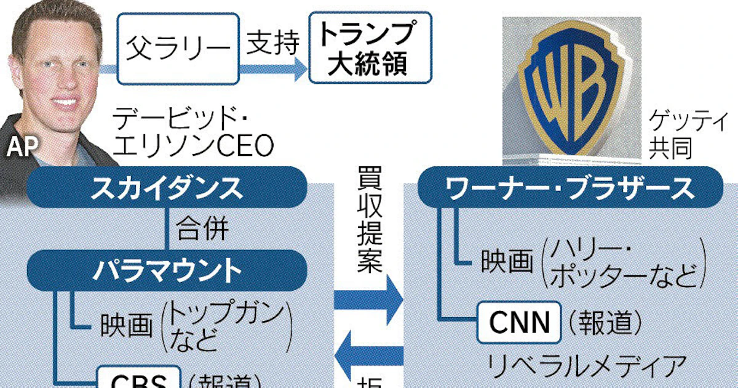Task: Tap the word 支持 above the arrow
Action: tap(273, 43)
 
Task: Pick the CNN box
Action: tap(519, 321)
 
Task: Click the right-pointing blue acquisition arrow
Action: tap(368, 301)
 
